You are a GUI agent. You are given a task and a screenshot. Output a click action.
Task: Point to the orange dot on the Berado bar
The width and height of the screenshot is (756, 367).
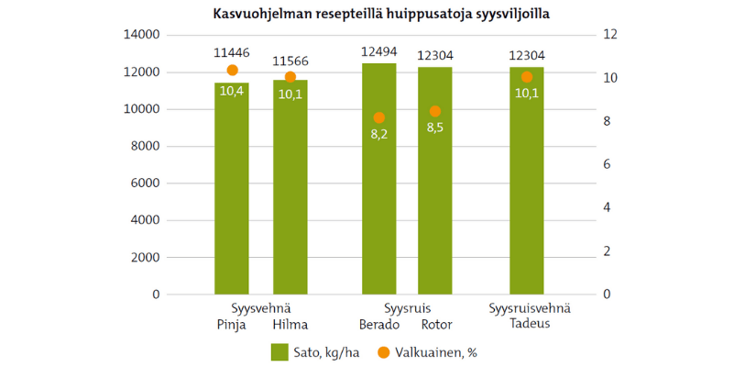click(x=379, y=117)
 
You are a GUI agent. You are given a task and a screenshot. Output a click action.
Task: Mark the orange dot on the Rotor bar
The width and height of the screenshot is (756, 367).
click(x=435, y=111)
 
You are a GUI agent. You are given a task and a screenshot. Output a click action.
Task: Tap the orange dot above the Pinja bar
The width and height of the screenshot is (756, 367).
click(x=232, y=71)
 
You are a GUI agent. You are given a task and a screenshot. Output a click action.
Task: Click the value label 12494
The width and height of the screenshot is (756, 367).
click(x=378, y=52)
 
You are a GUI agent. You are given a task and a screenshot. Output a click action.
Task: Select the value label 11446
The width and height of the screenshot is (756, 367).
click(x=232, y=53)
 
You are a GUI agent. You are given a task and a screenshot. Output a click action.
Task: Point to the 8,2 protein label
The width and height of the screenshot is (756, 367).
click(x=379, y=134)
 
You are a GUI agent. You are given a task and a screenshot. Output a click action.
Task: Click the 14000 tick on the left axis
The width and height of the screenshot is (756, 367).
click(x=142, y=35)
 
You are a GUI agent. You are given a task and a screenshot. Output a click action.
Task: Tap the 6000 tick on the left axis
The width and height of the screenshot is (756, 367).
click(x=146, y=183)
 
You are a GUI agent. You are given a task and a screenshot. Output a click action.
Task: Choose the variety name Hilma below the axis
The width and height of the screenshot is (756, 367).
click(x=290, y=325)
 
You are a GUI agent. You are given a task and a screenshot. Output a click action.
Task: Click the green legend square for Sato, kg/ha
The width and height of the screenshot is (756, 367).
click(x=279, y=351)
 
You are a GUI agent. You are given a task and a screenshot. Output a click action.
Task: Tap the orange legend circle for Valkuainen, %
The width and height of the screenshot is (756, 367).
click(x=384, y=351)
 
